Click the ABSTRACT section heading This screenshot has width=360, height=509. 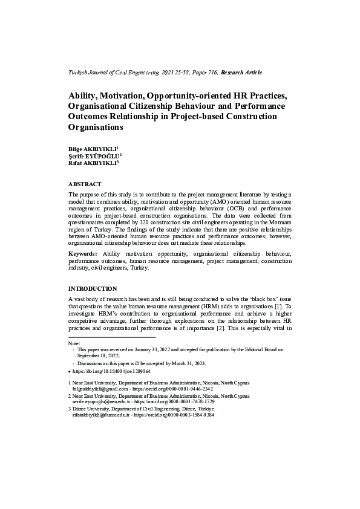point(85,184)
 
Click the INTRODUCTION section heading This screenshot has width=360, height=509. point(93,288)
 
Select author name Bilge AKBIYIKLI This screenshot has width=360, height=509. point(92,149)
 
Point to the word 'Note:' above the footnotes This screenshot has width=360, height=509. point(74,343)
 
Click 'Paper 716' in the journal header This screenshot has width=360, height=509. point(203,73)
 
